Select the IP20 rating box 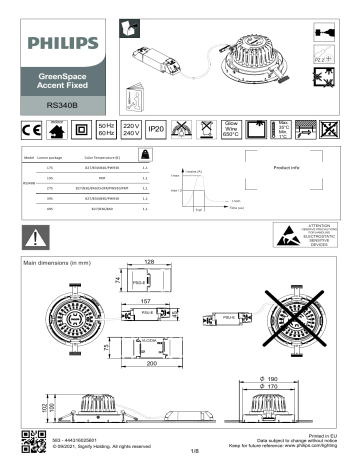[156, 130]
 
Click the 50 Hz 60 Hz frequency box [103, 130]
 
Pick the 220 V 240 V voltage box [129, 130]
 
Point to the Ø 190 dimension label [278, 380]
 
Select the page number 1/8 [180, 450]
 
